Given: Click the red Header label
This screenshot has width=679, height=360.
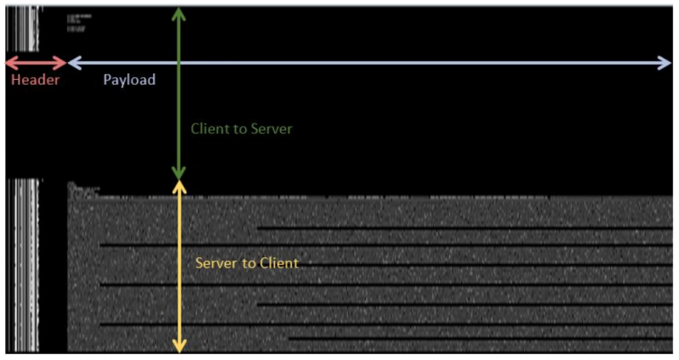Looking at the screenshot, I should pos(35,80).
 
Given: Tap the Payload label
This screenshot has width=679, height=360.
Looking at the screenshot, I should pos(129,80).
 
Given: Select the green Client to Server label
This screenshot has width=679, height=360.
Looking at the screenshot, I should pos(241,129).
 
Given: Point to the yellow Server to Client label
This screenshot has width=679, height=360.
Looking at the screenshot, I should pos(246,263).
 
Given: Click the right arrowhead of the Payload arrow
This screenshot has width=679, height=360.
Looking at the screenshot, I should pos(666,62).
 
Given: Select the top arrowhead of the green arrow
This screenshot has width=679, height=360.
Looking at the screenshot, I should pos(178,12).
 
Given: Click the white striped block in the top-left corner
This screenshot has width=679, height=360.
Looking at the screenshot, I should pos(22,29).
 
